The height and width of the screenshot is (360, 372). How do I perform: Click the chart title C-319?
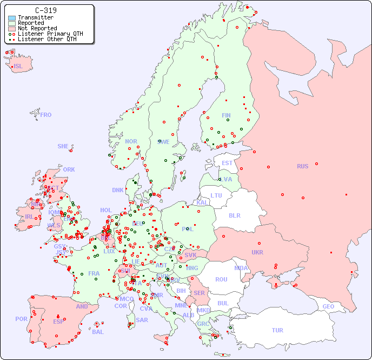click(x=45, y=10)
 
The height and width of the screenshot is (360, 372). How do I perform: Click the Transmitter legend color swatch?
click(x=12, y=18)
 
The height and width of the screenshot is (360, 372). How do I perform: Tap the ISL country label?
click(x=18, y=67)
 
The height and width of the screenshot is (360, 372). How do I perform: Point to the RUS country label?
click(x=302, y=166)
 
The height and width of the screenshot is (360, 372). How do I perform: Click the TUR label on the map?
click(x=277, y=330)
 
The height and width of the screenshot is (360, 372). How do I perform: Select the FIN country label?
click(x=226, y=115)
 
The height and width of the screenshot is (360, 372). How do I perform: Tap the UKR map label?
click(x=257, y=252)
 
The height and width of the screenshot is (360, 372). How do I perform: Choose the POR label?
click(x=21, y=319)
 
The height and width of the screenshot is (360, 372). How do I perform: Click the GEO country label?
click(x=328, y=306)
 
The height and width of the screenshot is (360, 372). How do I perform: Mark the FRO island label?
click(x=46, y=115)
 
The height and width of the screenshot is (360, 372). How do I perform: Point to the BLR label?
click(x=234, y=215)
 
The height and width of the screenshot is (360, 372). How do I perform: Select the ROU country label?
click(x=221, y=279)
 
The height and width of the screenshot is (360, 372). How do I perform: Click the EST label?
click(x=227, y=163)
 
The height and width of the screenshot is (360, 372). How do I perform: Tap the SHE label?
click(x=63, y=146)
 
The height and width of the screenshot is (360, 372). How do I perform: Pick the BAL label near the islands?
click(x=98, y=332)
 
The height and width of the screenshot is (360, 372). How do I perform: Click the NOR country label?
click(x=131, y=141)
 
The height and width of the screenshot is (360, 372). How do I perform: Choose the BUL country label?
click(x=223, y=303)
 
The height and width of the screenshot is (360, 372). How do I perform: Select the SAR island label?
click(x=142, y=320)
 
